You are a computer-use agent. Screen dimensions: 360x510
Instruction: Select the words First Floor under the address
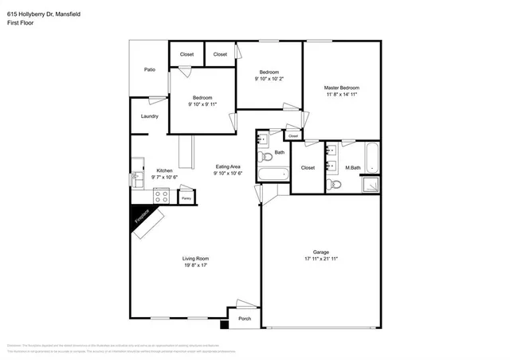tap(22, 23)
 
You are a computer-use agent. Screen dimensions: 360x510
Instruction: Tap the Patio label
tap(149, 70)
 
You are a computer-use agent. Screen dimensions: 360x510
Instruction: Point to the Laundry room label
tap(149, 116)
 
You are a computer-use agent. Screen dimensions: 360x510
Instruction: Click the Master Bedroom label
tap(341, 88)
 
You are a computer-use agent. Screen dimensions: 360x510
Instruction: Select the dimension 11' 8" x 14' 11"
tap(341, 95)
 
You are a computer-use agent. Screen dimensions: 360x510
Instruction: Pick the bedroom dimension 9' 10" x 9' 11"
tap(202, 104)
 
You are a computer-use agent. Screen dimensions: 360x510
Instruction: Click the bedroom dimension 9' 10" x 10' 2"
tap(269, 79)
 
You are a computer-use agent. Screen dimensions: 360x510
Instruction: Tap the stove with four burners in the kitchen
tap(163, 195)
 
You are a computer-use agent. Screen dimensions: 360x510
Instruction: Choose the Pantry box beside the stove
tap(186, 197)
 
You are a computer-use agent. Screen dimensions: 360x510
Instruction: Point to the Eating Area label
tap(228, 166)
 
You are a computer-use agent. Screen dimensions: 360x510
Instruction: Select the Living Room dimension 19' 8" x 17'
tap(195, 265)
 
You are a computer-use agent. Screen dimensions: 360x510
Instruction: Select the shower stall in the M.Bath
tap(371, 185)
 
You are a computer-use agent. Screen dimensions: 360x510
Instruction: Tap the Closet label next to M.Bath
tap(308, 168)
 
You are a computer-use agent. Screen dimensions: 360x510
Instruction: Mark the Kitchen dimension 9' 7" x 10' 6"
tap(164, 177)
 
